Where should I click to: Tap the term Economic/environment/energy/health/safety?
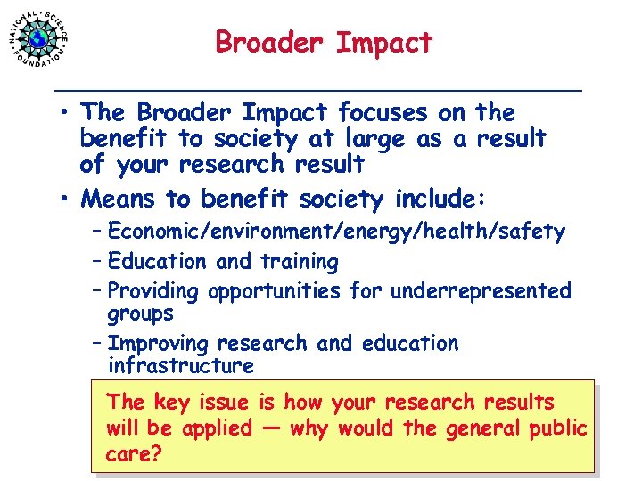(336, 232)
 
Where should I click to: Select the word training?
(299, 263)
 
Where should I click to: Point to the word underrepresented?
(480, 291)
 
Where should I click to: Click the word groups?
(140, 314)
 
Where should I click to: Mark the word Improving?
(157, 344)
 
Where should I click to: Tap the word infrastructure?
(181, 366)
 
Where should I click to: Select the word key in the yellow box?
(170, 404)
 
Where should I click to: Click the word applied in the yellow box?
(218, 428)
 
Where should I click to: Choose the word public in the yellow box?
(556, 428)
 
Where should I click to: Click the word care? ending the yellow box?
(133, 453)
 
